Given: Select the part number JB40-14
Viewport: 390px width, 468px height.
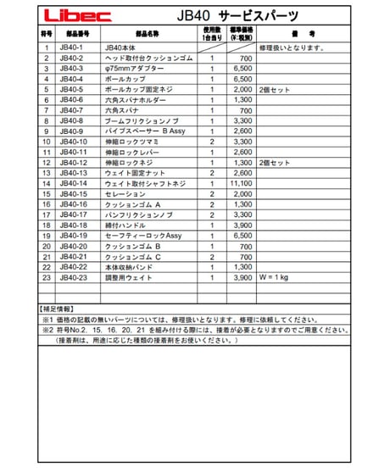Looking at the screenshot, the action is [x=75, y=183].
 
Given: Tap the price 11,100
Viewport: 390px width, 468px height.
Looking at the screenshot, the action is [x=242, y=183].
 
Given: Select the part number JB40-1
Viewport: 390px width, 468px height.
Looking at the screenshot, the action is [x=73, y=47].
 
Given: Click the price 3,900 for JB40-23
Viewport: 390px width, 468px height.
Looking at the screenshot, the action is [x=243, y=277].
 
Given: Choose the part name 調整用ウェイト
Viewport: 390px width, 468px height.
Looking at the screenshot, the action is [x=128, y=277].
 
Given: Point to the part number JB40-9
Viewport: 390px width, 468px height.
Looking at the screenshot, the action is [x=75, y=131].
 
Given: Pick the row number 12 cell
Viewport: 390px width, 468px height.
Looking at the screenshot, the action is [x=47, y=163].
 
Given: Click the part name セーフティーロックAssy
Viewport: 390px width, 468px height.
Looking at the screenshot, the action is [x=137, y=236].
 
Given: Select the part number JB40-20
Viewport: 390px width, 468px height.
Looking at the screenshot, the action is [x=75, y=246].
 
